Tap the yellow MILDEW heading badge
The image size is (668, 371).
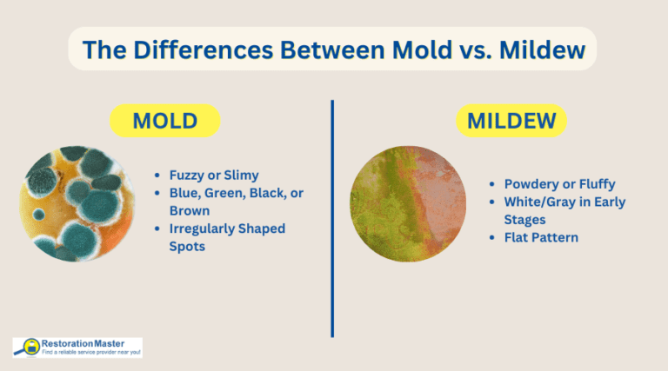511,121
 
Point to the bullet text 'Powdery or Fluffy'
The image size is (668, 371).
564,184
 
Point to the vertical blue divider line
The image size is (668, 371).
332,217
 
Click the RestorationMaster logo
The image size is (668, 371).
77,348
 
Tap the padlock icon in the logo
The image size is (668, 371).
30,348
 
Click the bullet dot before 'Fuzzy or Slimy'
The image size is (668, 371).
157,175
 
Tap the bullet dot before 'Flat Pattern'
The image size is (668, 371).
494,237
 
